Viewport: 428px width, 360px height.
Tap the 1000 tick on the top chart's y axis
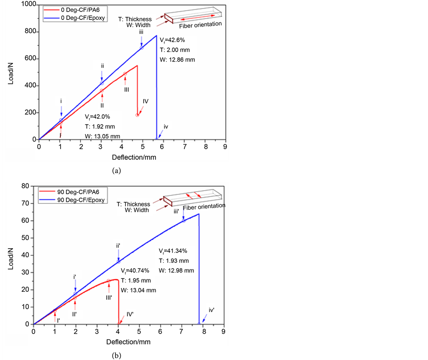pos(27,4)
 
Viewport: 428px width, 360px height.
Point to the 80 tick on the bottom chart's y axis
pos(23,186)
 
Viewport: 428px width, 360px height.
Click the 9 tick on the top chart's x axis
pos(225,146)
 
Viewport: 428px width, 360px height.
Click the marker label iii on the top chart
pos(141,32)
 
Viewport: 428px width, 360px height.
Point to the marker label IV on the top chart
pos(146,101)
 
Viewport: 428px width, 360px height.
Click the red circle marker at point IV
pos(137,115)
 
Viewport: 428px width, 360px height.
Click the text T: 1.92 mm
pos(100,126)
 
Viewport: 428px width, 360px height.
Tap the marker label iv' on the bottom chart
pos(211,310)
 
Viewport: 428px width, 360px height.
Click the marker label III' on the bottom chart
pos(109,297)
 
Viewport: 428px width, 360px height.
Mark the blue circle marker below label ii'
pos(118,261)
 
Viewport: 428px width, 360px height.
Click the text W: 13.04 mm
pos(138,290)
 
